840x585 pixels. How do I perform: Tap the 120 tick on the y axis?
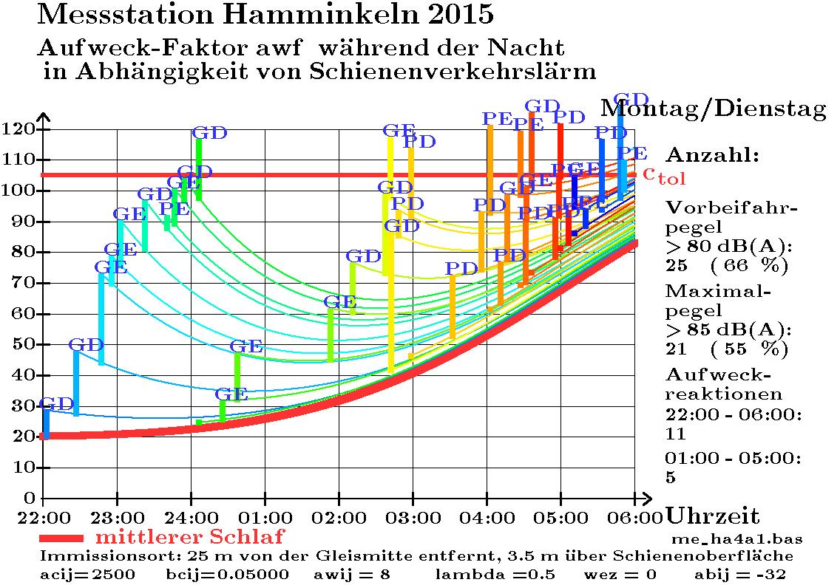point(20,129)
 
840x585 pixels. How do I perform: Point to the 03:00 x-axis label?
point(413,515)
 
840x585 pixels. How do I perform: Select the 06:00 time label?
point(635,515)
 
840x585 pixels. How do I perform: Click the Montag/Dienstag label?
point(713,109)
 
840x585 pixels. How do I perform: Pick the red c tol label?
point(664,175)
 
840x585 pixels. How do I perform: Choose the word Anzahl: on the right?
point(712,156)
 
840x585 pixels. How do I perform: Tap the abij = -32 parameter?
point(740,574)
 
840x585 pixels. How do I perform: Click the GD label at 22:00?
point(57,403)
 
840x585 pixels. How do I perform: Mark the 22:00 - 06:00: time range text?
point(733,415)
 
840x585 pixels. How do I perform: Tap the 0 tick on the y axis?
point(30,498)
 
